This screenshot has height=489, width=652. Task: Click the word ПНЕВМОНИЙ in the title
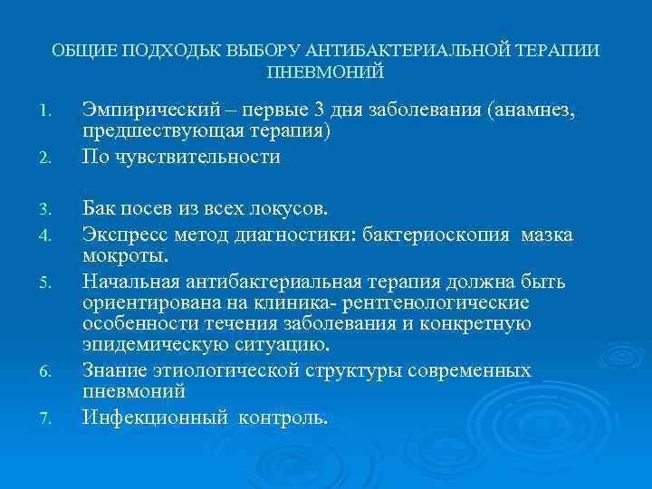(x=326, y=72)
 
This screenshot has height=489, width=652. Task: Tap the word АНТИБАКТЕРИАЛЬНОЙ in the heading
(x=396, y=51)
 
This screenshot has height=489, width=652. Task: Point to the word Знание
(x=113, y=369)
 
